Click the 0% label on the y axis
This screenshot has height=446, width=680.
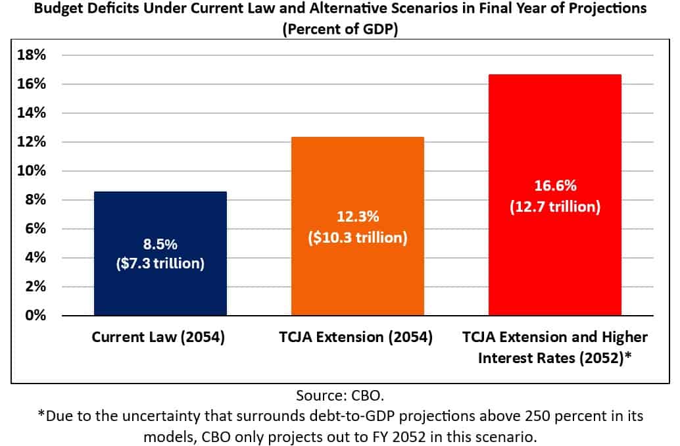(36, 316)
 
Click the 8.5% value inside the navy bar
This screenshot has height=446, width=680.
(160, 244)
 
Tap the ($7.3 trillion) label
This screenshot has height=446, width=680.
(160, 265)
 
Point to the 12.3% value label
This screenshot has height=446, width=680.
(358, 217)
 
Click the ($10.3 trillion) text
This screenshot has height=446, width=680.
(358, 237)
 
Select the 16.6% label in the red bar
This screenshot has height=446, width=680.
(555, 186)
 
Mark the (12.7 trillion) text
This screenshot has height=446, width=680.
(555, 207)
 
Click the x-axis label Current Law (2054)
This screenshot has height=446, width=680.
(158, 338)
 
